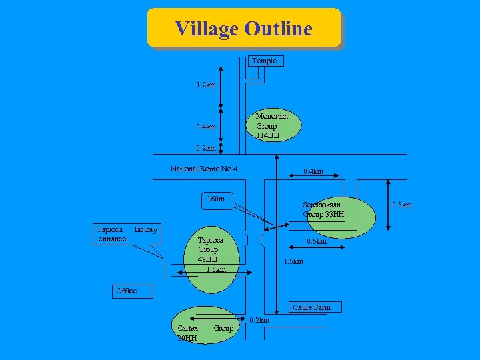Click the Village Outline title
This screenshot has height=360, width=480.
(243, 29)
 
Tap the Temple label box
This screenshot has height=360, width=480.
(265, 61)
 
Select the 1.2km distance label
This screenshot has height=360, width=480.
(206, 85)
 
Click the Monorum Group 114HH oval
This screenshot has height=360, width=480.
(272, 125)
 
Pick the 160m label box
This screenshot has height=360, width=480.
(216, 199)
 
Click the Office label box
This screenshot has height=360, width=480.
(126, 291)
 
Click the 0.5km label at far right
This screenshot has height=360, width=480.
(402, 205)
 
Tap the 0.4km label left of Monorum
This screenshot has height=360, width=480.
(206, 127)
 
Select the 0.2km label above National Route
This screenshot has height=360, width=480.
(206, 148)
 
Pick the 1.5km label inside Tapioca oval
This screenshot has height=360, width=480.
(216, 269)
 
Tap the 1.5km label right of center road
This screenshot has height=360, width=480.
(293, 261)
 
